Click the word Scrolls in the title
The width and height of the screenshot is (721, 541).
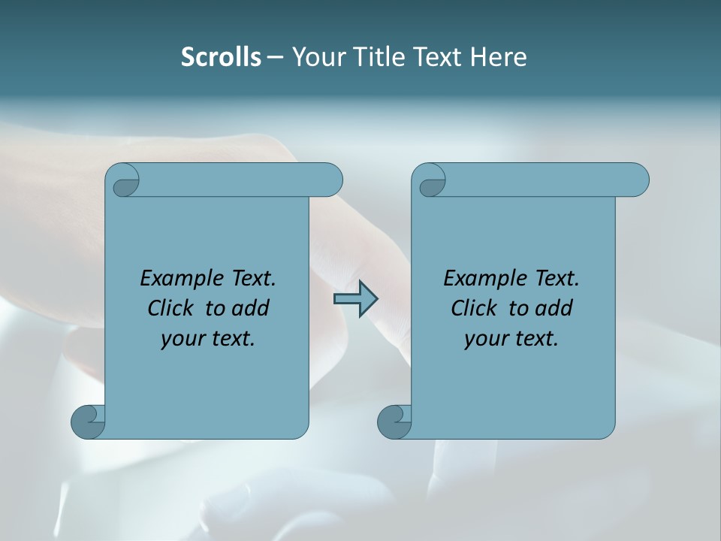click(x=222, y=57)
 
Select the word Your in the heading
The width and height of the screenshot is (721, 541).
click(x=319, y=57)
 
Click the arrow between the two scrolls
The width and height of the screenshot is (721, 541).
click(x=355, y=299)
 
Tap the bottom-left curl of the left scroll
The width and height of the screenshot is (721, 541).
click(x=87, y=422)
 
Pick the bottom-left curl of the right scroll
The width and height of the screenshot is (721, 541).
click(x=394, y=422)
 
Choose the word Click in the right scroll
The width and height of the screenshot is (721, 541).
click(x=473, y=309)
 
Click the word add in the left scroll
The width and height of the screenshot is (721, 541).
click(x=251, y=309)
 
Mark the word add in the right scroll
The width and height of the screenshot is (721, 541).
click(x=554, y=309)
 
